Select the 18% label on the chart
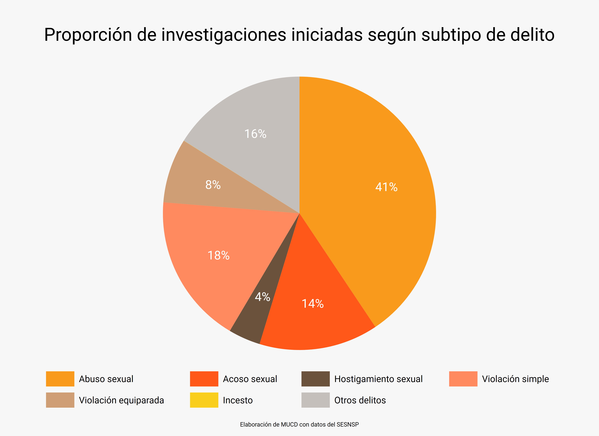click(x=218, y=255)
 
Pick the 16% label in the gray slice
click(x=255, y=134)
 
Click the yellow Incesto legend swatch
click(x=204, y=400)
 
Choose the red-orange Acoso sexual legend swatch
click(x=204, y=379)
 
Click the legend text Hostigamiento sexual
click(x=378, y=379)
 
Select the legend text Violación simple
click(x=515, y=379)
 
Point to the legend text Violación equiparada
click(x=121, y=400)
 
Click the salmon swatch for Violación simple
click(x=463, y=379)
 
